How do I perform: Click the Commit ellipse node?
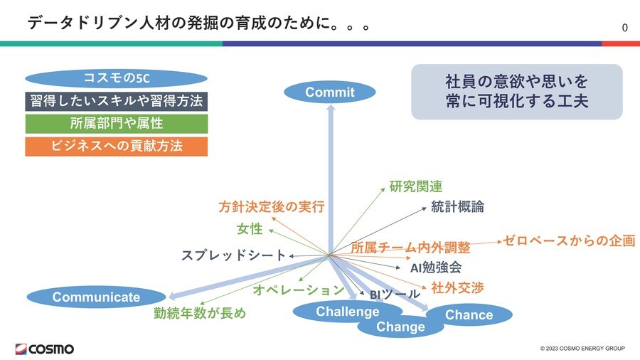point(329,92)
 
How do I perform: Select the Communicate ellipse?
point(97,297)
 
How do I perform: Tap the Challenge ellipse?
point(338,311)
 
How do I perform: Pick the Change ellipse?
point(400,327)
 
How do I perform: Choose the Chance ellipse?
point(469,314)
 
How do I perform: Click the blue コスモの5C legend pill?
point(116,77)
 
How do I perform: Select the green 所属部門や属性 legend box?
point(116,124)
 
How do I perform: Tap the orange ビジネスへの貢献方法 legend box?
point(116,147)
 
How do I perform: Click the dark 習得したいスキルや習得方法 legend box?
point(116,100)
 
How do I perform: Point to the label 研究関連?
point(415,186)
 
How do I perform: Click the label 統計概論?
point(457,207)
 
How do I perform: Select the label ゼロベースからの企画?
point(569,240)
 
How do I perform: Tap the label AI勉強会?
point(436,268)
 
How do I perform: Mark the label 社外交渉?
point(457,288)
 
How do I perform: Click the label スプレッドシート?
point(233,255)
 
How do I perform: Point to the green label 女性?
point(250,229)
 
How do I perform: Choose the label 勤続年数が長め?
point(200,313)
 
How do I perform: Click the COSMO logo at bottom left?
point(44,349)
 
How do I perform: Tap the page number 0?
point(624,28)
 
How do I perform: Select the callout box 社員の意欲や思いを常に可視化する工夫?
point(516,91)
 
